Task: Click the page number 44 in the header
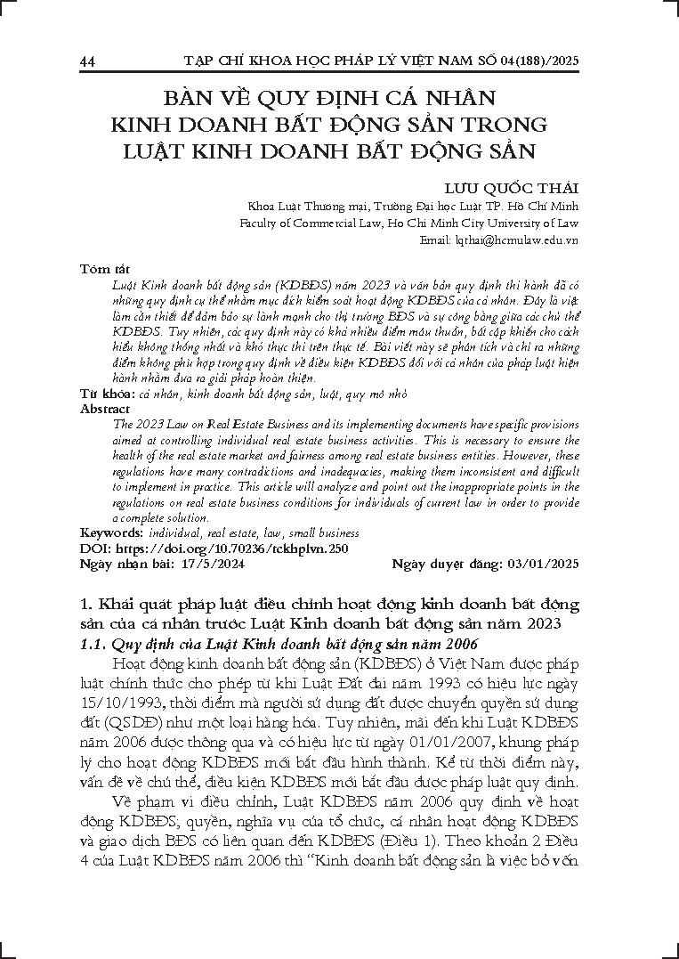click(x=87, y=61)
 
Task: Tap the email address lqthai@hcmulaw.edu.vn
click(x=510, y=240)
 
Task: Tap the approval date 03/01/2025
click(x=542, y=564)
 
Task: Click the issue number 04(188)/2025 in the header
click(x=532, y=61)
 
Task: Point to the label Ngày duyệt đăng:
click(x=446, y=564)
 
